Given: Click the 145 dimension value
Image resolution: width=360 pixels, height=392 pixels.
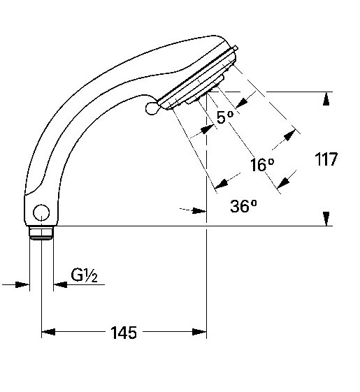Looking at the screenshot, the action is [124, 333].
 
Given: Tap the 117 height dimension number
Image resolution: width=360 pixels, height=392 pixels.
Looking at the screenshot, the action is [326, 159].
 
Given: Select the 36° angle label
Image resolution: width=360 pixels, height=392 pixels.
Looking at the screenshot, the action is [243, 206].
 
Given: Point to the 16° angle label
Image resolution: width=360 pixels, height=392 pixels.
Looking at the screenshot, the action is [262, 164].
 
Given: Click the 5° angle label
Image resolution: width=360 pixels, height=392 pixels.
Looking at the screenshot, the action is [225, 117].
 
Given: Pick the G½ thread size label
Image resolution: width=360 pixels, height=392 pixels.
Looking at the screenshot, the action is [84, 275].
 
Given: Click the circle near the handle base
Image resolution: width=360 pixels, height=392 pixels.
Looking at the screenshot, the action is [41, 212].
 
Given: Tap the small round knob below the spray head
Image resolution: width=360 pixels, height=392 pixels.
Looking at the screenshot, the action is [152, 108].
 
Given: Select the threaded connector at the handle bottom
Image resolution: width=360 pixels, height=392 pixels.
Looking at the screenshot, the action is [41, 233].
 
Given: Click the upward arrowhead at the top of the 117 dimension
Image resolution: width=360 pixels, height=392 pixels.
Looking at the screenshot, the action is [326, 99].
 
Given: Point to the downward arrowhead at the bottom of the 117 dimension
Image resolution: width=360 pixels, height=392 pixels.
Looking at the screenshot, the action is [326, 219].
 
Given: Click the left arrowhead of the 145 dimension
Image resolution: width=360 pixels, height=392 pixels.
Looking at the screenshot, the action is [48, 332].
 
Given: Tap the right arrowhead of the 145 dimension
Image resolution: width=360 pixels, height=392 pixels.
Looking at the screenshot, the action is [199, 332].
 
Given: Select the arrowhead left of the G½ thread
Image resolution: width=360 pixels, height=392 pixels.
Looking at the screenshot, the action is [22, 284].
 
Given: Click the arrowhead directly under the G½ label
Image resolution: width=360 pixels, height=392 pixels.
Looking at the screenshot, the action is [61, 284].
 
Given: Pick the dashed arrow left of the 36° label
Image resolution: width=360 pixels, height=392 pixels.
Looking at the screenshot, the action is [193, 210].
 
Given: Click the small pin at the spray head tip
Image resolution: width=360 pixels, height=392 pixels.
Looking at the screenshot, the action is [236, 48].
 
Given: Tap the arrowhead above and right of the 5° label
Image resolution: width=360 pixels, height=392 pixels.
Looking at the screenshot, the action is [242, 103].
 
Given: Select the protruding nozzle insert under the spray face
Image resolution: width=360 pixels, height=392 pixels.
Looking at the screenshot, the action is [205, 90].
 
